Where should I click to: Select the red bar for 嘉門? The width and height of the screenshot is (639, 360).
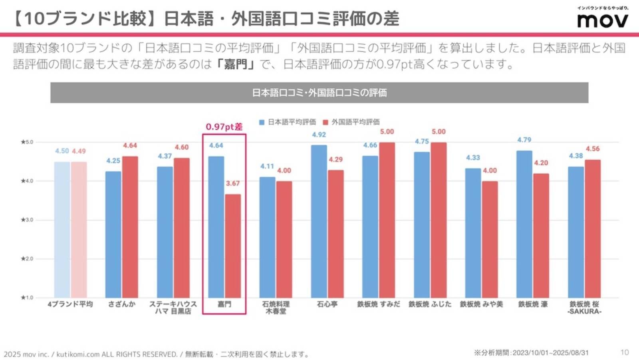pos(233,246)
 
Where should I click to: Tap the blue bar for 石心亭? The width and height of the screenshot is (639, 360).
pos(319,221)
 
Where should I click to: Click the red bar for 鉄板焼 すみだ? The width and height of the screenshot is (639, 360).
pos(387,220)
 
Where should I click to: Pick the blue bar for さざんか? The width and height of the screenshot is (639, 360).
pos(113,235)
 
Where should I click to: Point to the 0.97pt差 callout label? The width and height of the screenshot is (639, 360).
pos(224,127)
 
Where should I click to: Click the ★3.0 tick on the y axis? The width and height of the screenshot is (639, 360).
pos(27,220)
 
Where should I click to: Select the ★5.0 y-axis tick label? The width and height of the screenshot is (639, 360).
pos(27,142)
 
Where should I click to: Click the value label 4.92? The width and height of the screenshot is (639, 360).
pos(319,135)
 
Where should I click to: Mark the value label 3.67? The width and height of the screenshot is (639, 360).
pos(233,183)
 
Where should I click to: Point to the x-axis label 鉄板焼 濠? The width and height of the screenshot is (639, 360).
pos(532,304)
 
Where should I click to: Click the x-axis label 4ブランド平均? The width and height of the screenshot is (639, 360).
pos(70,304)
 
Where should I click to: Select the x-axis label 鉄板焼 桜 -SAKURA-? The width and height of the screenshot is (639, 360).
pos(584,308)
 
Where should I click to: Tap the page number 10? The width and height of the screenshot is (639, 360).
pos(624,352)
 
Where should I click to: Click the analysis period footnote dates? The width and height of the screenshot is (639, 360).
pos(550,353)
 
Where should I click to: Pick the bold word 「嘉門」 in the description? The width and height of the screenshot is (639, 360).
pos(235,64)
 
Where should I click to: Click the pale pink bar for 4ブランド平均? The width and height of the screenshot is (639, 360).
pos(79,230)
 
